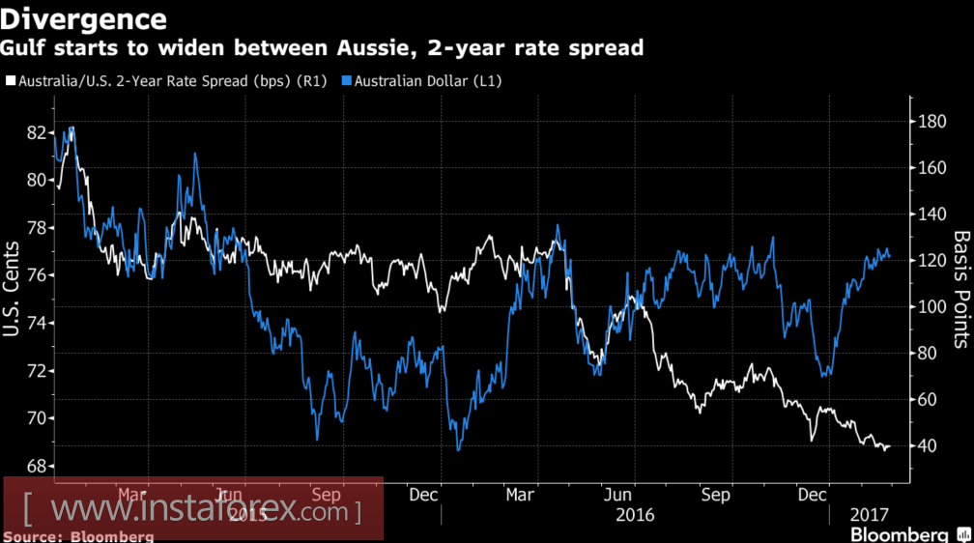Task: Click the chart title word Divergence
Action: click(x=84, y=18)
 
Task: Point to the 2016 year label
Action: click(x=635, y=514)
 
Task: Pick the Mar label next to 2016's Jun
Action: click(x=521, y=495)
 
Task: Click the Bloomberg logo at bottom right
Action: click(x=898, y=533)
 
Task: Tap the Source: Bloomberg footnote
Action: click(x=78, y=535)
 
